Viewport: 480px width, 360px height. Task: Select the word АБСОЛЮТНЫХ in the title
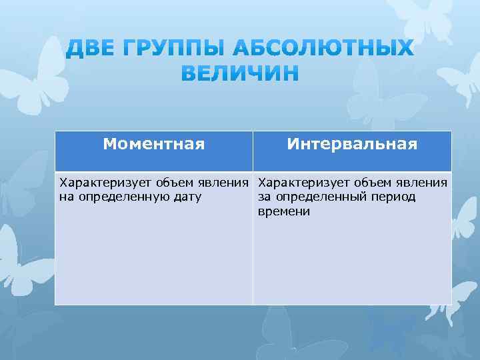[323, 49]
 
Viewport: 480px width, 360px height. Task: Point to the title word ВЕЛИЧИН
[240, 73]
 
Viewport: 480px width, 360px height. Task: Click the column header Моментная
[154, 144]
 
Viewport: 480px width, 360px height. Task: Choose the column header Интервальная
[352, 144]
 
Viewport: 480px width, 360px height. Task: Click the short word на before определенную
[66, 197]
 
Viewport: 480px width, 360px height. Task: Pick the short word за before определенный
[264, 197]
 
